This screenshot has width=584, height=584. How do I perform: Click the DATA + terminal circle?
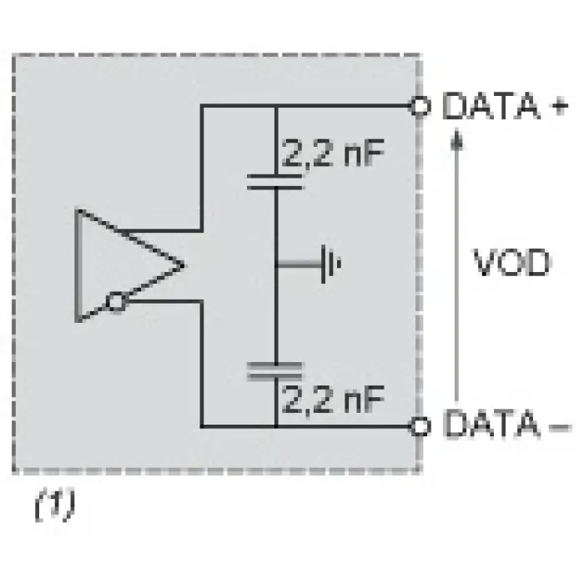click(x=420, y=106)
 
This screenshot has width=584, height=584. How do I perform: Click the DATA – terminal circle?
click(x=420, y=426)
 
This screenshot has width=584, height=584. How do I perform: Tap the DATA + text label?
click(x=506, y=106)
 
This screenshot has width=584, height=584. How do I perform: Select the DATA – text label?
click(x=507, y=424)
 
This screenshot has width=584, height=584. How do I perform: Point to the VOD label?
click(x=511, y=263)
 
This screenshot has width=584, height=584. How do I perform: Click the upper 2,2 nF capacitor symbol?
click(x=275, y=182)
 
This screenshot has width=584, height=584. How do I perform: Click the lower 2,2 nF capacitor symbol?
click(x=274, y=371)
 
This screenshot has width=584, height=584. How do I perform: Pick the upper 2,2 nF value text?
click(x=333, y=154)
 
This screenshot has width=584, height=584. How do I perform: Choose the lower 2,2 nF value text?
click(x=333, y=399)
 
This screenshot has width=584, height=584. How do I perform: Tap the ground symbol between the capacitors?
click(x=330, y=264)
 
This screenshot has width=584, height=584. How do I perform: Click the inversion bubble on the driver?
click(x=116, y=302)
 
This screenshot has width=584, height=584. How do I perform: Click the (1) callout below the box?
click(x=55, y=504)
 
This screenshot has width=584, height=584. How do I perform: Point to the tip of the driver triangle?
click(x=184, y=265)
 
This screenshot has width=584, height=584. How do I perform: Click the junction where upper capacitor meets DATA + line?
click(x=276, y=106)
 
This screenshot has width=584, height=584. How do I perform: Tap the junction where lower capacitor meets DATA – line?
click(x=276, y=426)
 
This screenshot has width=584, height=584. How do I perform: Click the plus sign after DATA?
click(x=560, y=106)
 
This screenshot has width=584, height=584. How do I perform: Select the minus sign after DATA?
click(x=561, y=427)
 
